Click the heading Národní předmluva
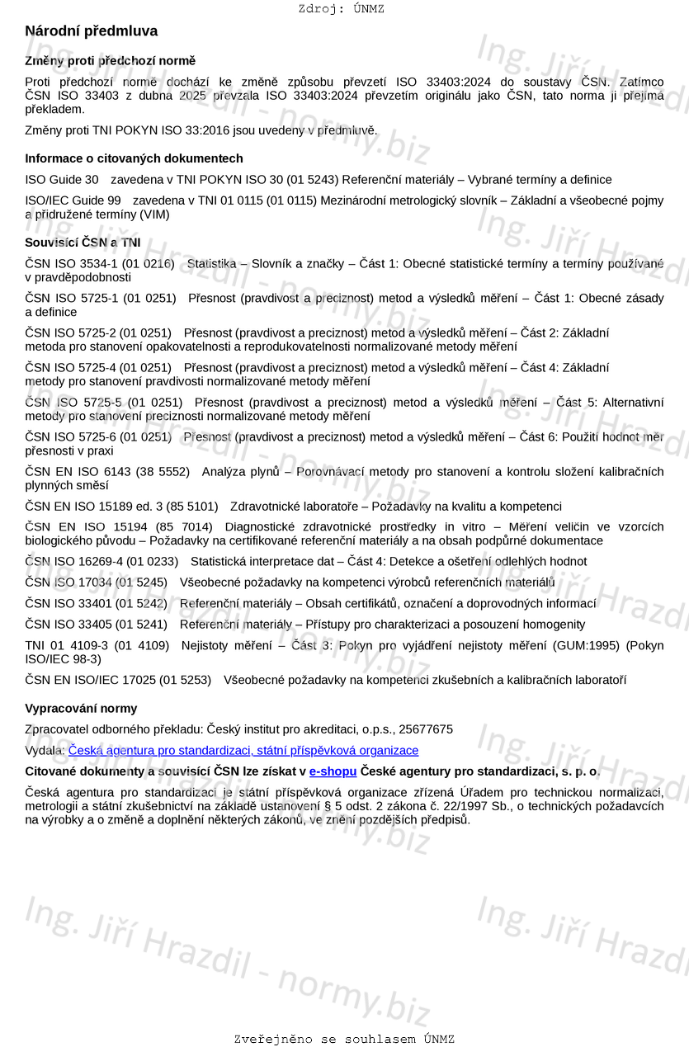(91, 31)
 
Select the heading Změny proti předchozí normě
(110, 61)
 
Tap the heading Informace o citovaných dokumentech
(134, 158)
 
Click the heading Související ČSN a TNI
(83, 243)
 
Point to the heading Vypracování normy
(81, 709)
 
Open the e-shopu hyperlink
(333, 771)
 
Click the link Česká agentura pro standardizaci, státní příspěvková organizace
(243, 751)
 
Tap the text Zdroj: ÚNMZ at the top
(341, 9)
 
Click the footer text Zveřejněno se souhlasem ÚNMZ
(344, 1040)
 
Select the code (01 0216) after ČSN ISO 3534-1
(149, 264)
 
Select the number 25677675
(425, 729)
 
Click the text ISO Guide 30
(62, 180)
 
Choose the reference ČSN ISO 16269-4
(72, 562)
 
